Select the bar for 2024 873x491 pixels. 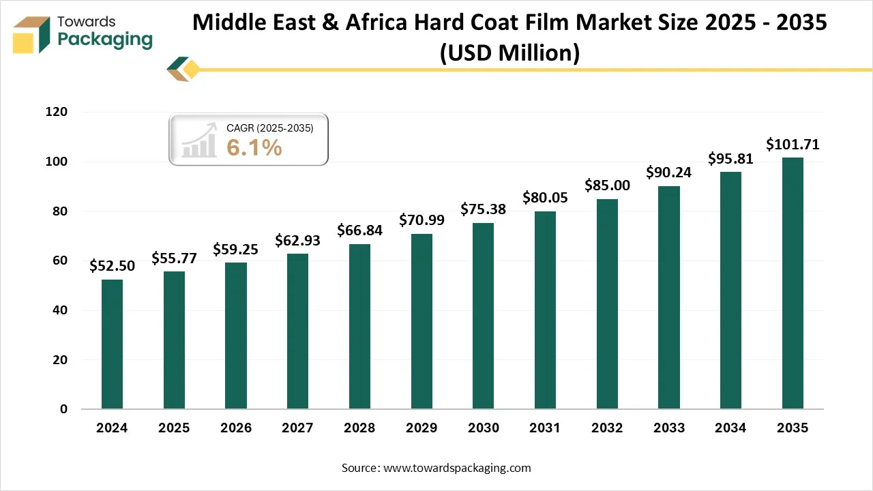point(112,344)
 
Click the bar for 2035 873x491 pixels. point(793,283)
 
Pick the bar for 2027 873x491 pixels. point(297,331)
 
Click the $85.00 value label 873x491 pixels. point(607,185)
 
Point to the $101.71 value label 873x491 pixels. point(793,144)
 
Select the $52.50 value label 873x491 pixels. point(112,265)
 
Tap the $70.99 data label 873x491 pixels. point(421,220)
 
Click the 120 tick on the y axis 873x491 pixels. point(58,112)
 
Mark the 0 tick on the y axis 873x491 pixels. point(64,409)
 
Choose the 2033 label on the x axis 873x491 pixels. point(668,428)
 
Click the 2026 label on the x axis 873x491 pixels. point(235,428)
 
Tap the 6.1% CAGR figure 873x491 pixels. point(254,147)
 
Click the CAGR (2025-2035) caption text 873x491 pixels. point(269,128)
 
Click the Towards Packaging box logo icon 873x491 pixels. point(32,34)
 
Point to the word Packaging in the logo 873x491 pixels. point(105,40)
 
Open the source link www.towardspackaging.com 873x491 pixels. point(456,468)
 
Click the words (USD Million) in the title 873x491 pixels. point(509,52)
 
